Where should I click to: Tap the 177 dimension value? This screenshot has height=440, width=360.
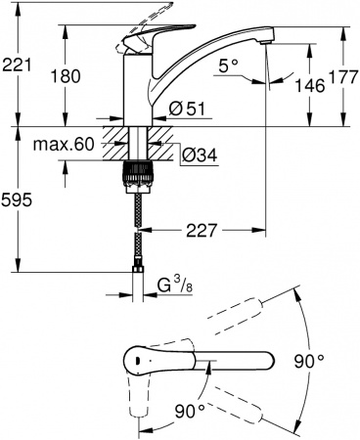(337, 73)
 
